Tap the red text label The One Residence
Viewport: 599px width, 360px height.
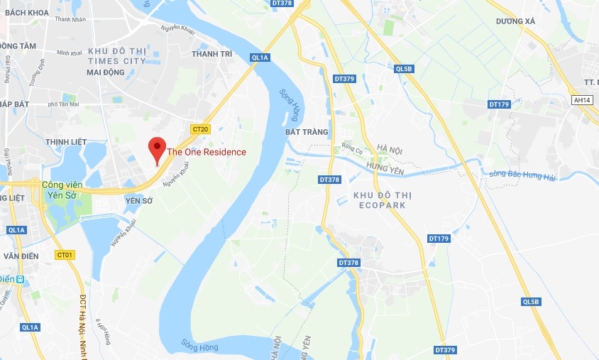click(x=207, y=152)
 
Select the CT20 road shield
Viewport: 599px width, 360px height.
click(x=200, y=129)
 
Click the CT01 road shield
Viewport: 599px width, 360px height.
click(x=65, y=254)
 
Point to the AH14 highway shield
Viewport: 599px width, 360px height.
click(x=582, y=100)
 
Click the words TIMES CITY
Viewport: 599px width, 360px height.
click(x=116, y=61)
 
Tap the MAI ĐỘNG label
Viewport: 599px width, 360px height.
click(x=105, y=72)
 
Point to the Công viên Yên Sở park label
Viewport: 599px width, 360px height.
click(x=62, y=190)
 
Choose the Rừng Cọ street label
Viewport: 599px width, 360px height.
click(x=352, y=148)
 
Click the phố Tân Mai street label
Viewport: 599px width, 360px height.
click(x=62, y=104)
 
